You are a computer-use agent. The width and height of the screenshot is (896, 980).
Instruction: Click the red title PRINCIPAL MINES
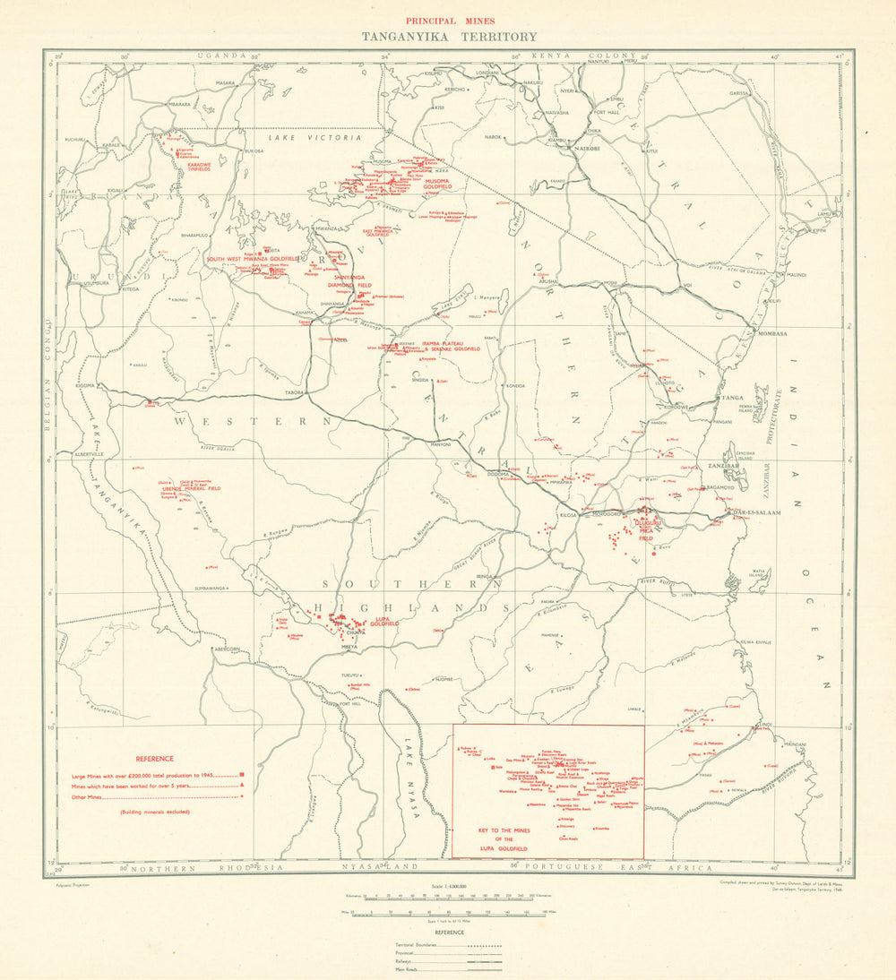pyautogui.click(x=449, y=20)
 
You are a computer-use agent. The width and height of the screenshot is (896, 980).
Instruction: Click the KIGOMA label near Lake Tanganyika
pyautogui.click(x=86, y=385)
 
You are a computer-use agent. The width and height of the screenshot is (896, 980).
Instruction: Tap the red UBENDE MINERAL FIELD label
pyautogui.click(x=191, y=488)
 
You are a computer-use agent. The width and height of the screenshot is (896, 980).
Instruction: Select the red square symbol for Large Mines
pyautogui.click(x=242, y=773)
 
